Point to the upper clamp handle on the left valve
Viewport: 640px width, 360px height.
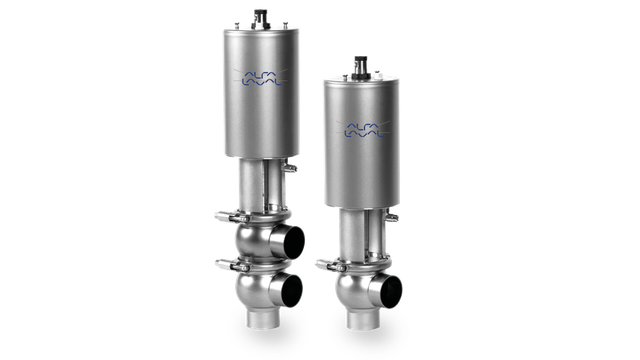point(225,212)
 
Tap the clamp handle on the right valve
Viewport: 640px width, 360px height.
point(321,264)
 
